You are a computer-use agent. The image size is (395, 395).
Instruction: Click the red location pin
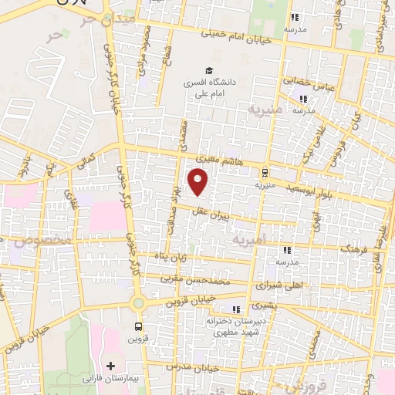(x=199, y=181)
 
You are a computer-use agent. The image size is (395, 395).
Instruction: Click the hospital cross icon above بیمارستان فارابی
(x=111, y=365)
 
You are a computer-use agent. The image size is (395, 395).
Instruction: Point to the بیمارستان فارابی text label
(x=111, y=379)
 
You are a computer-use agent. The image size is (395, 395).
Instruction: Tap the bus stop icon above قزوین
(x=138, y=326)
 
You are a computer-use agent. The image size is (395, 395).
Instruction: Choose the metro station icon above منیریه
(x=265, y=172)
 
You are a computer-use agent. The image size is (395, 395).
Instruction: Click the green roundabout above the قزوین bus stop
(x=138, y=305)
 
